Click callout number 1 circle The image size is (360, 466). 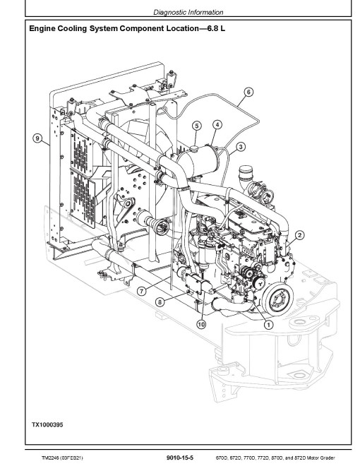pyautogui.click(x=268, y=325)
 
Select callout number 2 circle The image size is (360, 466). pyautogui.click(x=299, y=235)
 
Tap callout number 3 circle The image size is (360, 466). pyautogui.click(x=241, y=147)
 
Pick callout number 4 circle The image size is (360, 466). pyautogui.click(x=217, y=125)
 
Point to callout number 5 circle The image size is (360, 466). pyautogui.click(x=197, y=126)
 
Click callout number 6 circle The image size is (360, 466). pyautogui.click(x=248, y=92)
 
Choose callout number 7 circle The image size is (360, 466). pyautogui.click(x=142, y=291)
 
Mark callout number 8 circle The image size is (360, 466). pyautogui.click(x=160, y=302)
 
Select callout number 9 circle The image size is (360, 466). pyautogui.click(x=37, y=138)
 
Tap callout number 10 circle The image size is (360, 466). pyautogui.click(x=201, y=324)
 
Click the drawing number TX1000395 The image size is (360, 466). pyautogui.click(x=47, y=424)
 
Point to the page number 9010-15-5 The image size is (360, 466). pyautogui.click(x=180, y=458)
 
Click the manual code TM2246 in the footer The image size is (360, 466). pyautogui.click(x=50, y=458)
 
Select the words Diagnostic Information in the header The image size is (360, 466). pyautogui.click(x=188, y=12)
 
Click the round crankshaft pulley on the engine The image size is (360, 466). pyautogui.click(x=279, y=299)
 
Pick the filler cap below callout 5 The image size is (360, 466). pyautogui.click(x=195, y=148)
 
